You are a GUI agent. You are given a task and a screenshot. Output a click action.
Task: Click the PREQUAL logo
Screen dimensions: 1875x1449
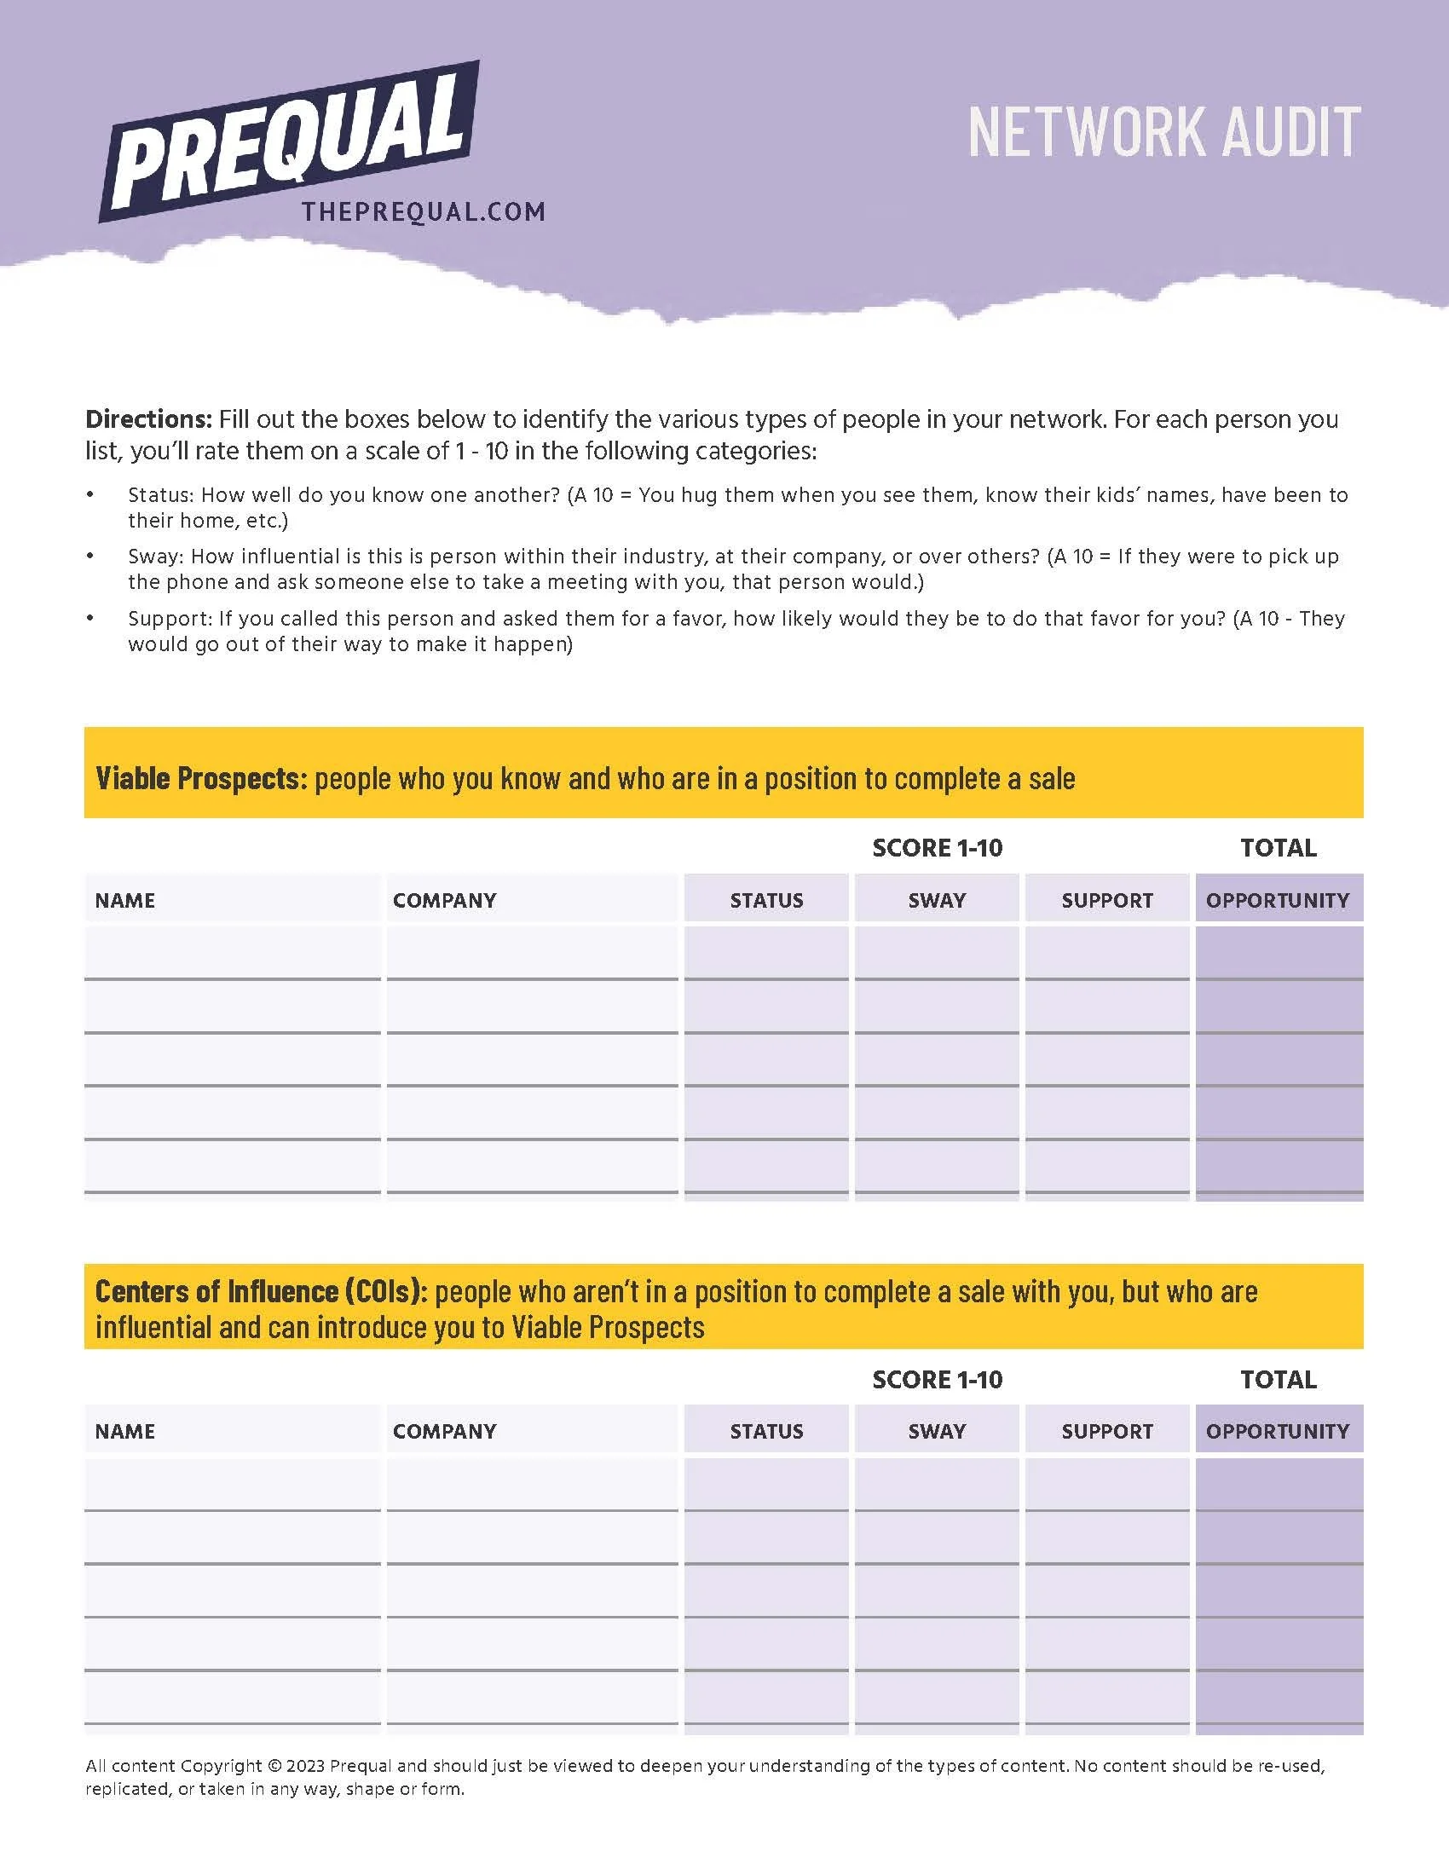click(290, 141)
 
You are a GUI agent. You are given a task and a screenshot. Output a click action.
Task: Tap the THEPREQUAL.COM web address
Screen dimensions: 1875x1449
click(424, 212)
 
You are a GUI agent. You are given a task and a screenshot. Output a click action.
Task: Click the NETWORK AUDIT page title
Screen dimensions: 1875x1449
click(1164, 133)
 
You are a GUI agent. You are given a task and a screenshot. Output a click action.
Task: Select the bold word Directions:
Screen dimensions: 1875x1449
click(148, 419)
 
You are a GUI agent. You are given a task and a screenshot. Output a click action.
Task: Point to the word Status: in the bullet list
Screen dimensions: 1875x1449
click(160, 495)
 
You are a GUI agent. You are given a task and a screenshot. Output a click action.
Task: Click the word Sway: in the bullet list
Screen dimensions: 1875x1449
click(155, 557)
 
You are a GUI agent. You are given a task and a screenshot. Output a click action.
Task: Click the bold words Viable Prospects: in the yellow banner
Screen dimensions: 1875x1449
click(201, 778)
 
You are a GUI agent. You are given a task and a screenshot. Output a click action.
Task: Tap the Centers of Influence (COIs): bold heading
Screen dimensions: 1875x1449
click(261, 1291)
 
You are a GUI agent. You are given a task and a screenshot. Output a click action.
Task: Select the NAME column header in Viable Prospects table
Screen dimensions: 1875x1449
click(125, 900)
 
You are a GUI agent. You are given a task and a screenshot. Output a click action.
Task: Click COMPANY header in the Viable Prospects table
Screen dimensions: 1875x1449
click(445, 900)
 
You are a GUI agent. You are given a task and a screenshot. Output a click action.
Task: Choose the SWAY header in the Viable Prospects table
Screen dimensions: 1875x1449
click(937, 900)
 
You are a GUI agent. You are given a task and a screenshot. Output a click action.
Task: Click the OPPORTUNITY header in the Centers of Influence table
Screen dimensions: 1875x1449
click(1278, 1431)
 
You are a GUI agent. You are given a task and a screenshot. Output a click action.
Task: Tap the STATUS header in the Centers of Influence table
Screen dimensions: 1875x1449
click(766, 1431)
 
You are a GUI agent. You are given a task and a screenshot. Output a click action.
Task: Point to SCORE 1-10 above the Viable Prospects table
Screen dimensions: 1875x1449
click(937, 848)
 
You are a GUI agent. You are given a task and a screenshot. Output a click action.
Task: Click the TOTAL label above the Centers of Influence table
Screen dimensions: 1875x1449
click(1278, 1380)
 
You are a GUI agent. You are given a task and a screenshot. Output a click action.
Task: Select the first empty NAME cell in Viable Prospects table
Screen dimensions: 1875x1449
click(232, 953)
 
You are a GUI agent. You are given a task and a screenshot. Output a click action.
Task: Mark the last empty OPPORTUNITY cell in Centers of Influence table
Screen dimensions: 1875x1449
click(1279, 1697)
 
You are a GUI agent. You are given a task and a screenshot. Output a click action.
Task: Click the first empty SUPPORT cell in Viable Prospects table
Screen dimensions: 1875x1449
click(1106, 953)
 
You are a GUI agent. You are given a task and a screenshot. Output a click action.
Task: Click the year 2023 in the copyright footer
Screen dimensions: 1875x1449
click(306, 1766)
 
